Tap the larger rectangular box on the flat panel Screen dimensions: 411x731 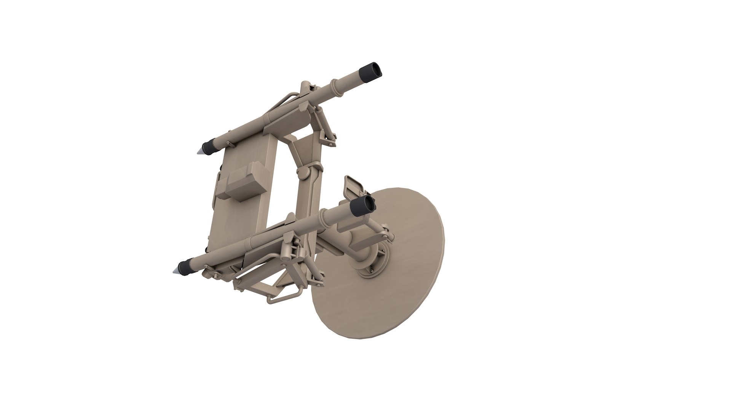244,182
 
